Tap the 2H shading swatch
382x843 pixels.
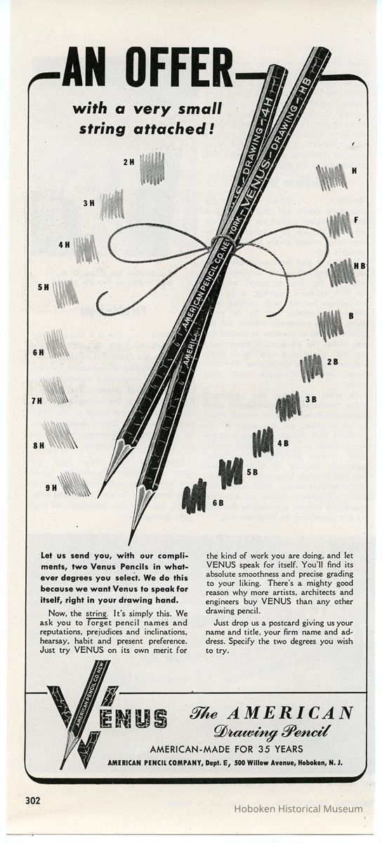[x=152, y=169]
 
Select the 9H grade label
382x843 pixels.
[x=50, y=486]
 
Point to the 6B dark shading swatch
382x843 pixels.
[x=194, y=497]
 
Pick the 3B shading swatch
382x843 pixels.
[x=288, y=405]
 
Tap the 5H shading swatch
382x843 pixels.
[x=65, y=293]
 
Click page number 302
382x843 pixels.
[x=32, y=799]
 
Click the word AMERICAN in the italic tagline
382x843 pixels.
[x=307, y=714]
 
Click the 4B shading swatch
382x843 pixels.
[x=263, y=441]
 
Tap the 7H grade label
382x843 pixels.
[x=37, y=401]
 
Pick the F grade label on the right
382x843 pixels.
[x=356, y=220]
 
